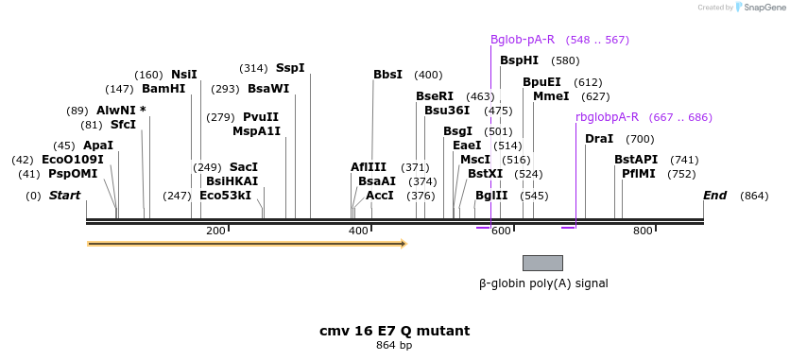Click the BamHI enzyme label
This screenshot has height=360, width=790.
163,89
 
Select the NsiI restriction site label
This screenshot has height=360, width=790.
184,75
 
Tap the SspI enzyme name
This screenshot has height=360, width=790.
290,68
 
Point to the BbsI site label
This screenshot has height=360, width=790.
387,75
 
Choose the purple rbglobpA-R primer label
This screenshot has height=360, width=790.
607,117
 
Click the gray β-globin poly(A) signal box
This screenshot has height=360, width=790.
542,263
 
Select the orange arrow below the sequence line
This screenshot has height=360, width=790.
247,244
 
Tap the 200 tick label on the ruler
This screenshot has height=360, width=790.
215,231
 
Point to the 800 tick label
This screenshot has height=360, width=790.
643,231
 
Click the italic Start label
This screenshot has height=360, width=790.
64,196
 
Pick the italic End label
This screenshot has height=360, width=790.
715,196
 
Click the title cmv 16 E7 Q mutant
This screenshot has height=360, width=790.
394,331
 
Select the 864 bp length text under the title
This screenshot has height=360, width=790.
394,346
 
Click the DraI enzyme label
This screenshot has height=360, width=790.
599,139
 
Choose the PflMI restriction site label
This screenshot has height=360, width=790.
639,174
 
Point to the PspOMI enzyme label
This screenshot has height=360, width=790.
73,174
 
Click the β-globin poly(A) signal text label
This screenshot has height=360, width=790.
543,283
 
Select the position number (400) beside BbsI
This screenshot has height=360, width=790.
428,75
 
